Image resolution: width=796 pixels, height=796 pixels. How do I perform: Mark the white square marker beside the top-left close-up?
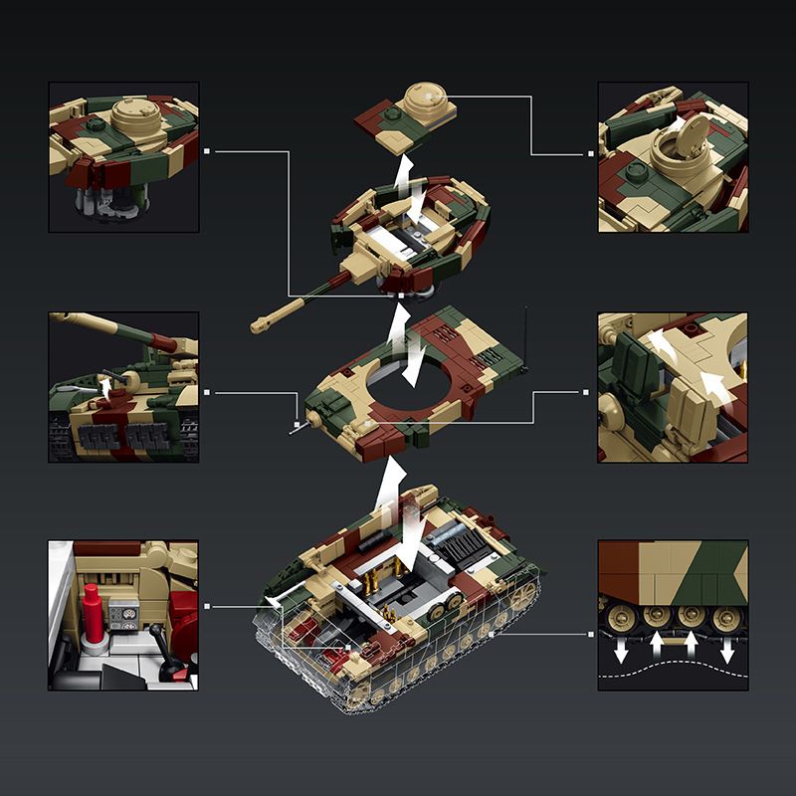click(x=207, y=152)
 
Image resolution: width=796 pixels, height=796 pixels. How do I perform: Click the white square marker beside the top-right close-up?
click(x=589, y=154)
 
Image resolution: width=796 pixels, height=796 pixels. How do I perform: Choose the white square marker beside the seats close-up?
click(x=587, y=393)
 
